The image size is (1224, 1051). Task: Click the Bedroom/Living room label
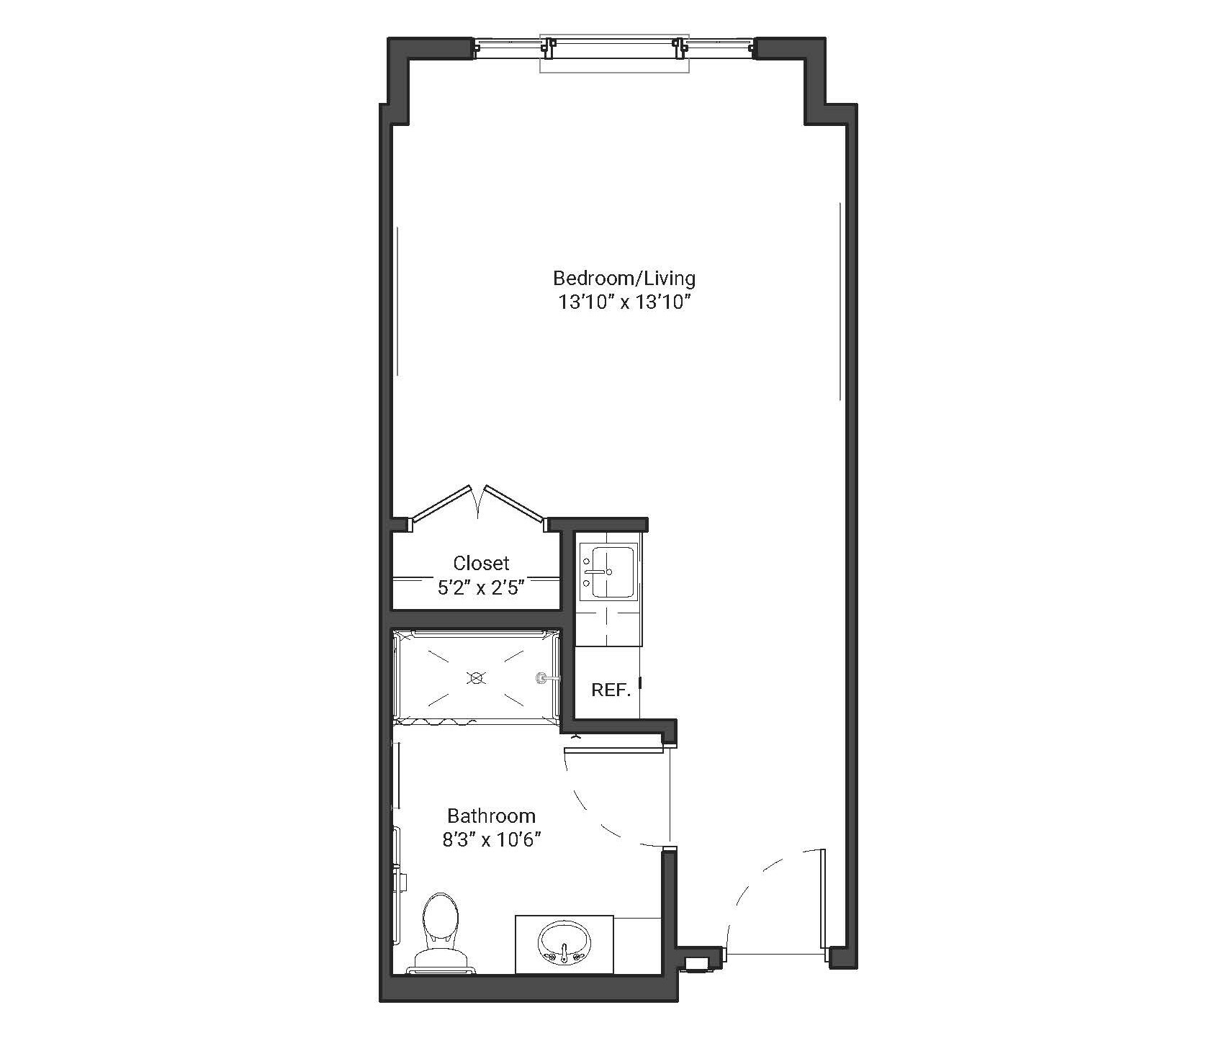(624, 279)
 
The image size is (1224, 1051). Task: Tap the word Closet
(481, 563)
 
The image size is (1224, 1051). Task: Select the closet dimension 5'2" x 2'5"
(480, 588)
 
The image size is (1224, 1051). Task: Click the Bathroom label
(492, 816)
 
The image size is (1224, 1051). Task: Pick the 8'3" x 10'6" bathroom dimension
(492, 840)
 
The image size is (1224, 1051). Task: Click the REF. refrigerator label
(611, 690)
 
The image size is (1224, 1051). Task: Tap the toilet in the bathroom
(441, 933)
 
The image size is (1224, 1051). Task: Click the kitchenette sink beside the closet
(607, 572)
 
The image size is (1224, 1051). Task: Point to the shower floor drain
(476, 677)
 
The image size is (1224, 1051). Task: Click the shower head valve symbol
(543, 677)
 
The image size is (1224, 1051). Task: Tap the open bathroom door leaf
(613, 750)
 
